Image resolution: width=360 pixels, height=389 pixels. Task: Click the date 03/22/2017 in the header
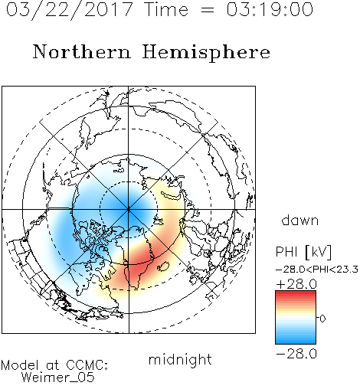69,10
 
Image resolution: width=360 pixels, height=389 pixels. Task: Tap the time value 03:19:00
270,10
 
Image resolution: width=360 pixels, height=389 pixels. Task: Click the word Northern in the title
82,51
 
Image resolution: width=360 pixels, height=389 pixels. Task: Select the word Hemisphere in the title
206,53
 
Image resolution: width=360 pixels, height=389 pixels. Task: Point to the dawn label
300,220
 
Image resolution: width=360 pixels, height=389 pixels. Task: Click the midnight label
180,360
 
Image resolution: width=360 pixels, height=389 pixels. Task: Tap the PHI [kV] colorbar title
303,252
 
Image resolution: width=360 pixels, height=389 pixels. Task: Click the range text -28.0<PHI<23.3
317,270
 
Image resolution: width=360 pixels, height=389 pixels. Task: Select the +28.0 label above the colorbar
296,284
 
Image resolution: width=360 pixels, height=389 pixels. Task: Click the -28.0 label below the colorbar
296,354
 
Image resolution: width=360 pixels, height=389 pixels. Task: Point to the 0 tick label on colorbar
322,319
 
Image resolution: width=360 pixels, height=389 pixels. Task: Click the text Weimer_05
58,378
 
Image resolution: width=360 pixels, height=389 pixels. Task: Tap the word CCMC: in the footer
87,365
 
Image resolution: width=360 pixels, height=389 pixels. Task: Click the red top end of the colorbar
296,293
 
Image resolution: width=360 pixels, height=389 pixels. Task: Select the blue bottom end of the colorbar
296,342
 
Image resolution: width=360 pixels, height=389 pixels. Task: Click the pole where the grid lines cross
129,210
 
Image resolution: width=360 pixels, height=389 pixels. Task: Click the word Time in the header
166,10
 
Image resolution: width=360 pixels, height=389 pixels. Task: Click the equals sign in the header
207,10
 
